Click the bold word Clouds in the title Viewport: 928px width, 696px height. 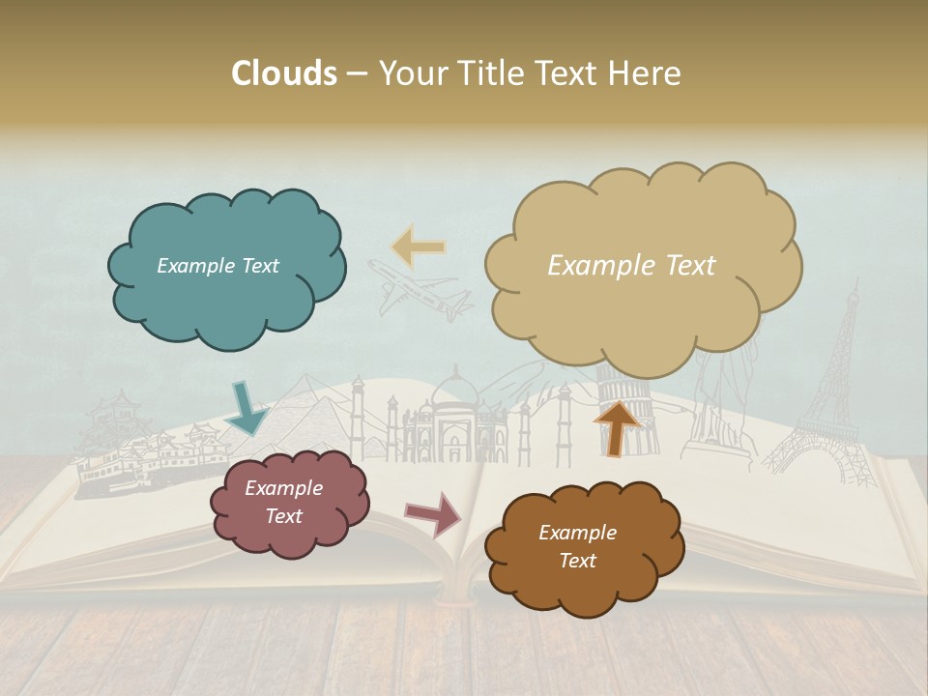click(x=283, y=73)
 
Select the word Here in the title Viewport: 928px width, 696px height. click(x=646, y=73)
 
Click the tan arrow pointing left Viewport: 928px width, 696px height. click(x=419, y=247)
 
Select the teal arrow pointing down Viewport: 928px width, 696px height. click(x=247, y=408)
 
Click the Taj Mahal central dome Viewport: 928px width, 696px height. click(x=454, y=391)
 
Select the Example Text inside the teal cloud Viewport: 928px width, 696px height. click(x=217, y=266)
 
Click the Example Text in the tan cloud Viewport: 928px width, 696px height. click(x=631, y=266)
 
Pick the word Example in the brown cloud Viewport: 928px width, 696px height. click(x=577, y=533)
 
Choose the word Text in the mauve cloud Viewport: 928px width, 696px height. click(x=284, y=516)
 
